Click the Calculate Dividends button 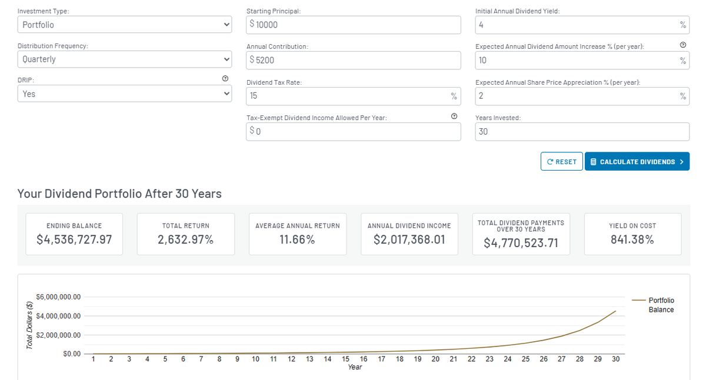coord(637,161)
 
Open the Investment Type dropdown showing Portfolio coord(124,25)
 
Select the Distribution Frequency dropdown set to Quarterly coord(124,59)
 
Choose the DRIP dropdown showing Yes coord(124,94)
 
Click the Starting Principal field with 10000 coord(354,25)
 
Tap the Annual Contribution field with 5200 coord(354,60)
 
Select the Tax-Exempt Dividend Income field coord(354,132)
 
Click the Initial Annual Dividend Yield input coord(577,25)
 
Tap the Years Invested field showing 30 coord(582,132)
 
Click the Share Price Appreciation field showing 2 coord(577,96)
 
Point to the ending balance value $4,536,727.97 coord(74,240)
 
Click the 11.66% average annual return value coord(298,240)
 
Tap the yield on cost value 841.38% coord(632,240)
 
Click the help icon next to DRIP coord(225,79)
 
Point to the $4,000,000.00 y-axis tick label coord(58,316)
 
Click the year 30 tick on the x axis coord(615,359)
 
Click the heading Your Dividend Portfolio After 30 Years coord(119,194)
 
